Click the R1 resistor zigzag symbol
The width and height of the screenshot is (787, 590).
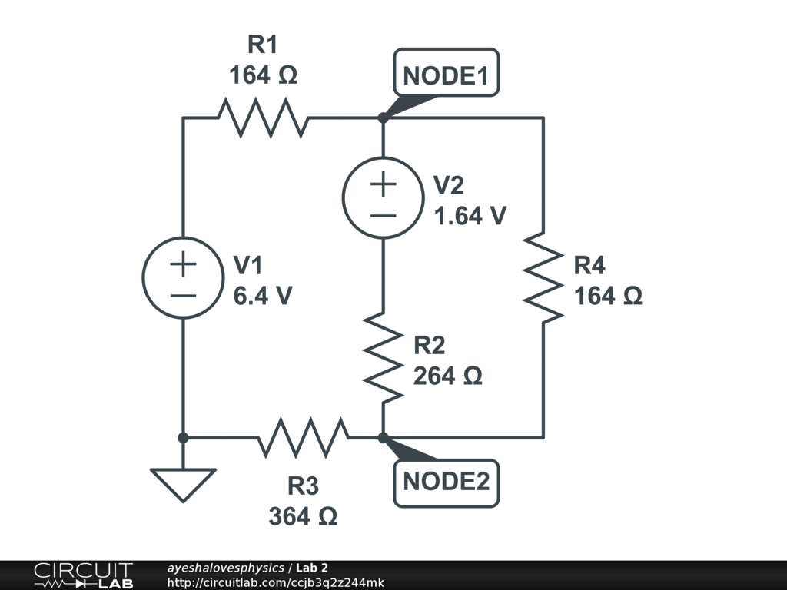263,118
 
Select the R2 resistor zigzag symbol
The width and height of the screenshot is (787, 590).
383,358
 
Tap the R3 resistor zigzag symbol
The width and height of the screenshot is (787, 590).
303,437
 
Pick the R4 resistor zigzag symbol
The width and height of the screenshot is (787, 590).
543,277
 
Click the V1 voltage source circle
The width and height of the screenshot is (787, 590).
183,277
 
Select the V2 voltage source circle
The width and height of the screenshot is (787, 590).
383,197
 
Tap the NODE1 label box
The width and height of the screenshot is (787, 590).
447,72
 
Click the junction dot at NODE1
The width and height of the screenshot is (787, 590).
383,118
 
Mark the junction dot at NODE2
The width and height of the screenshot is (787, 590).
383,437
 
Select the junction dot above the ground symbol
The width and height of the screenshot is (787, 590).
183,437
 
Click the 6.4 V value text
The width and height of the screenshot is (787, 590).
263,296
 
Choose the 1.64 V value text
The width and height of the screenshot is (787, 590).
470,216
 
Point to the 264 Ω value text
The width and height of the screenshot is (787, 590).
448,376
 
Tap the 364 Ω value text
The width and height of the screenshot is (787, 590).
303,516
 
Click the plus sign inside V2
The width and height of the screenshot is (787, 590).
383,184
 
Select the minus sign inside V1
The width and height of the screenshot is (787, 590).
183,296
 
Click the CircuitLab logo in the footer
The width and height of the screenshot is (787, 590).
84,575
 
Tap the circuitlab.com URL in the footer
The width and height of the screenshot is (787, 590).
276,582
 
